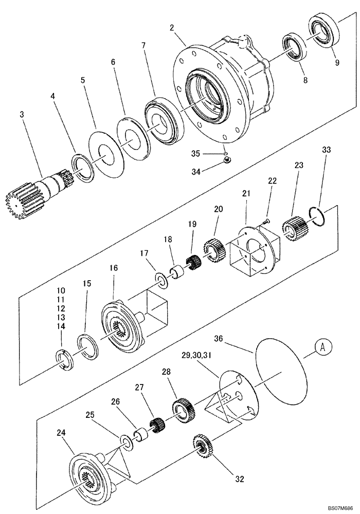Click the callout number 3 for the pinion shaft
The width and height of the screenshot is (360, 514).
(x=22, y=115)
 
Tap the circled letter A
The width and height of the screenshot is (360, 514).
(x=322, y=347)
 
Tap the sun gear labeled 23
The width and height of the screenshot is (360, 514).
(x=296, y=227)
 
